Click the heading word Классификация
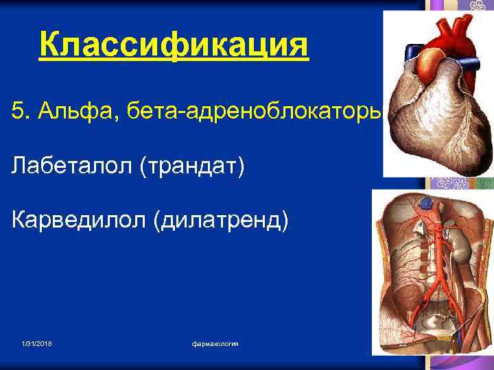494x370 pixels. [x=174, y=46]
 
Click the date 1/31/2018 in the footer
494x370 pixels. [x=37, y=343]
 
